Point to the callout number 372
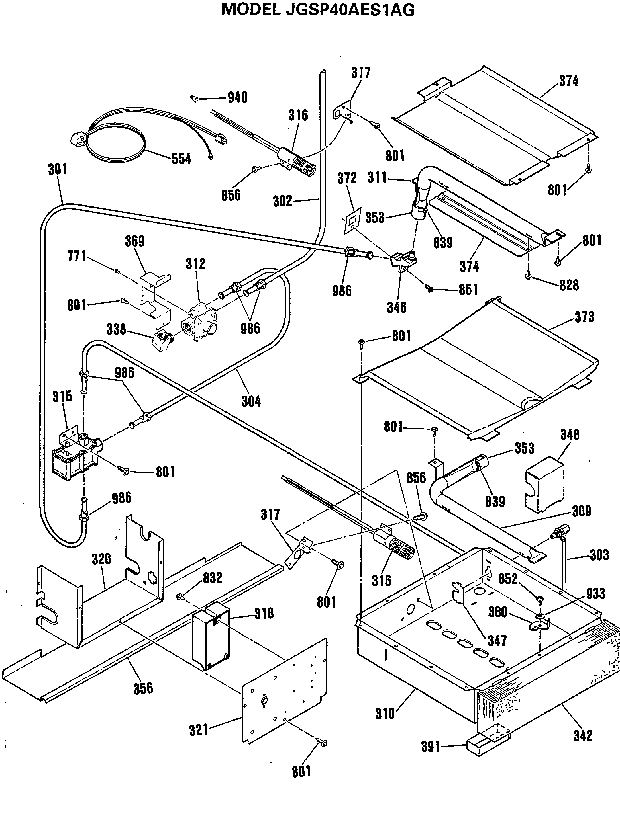tap(347, 178)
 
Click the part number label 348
tap(570, 435)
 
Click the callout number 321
tap(199, 730)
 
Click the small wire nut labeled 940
tap(193, 98)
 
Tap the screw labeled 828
tap(528, 275)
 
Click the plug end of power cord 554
tap(79, 140)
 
